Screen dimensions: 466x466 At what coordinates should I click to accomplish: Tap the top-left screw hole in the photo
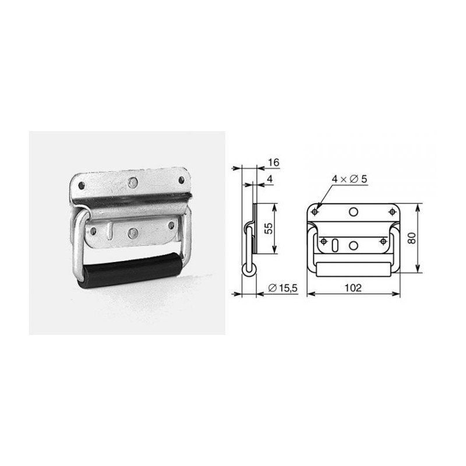81,186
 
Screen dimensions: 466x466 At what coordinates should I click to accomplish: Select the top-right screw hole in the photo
181,180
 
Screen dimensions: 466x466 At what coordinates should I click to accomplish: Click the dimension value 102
353,288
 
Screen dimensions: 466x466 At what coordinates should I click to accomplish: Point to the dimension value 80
412,238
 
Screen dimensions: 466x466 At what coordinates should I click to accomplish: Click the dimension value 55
269,228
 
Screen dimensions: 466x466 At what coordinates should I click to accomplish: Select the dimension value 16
273,163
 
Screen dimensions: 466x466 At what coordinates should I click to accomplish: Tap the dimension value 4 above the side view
270,179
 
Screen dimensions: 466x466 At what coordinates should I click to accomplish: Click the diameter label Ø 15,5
283,288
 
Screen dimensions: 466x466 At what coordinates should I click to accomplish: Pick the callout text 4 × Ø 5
349,179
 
